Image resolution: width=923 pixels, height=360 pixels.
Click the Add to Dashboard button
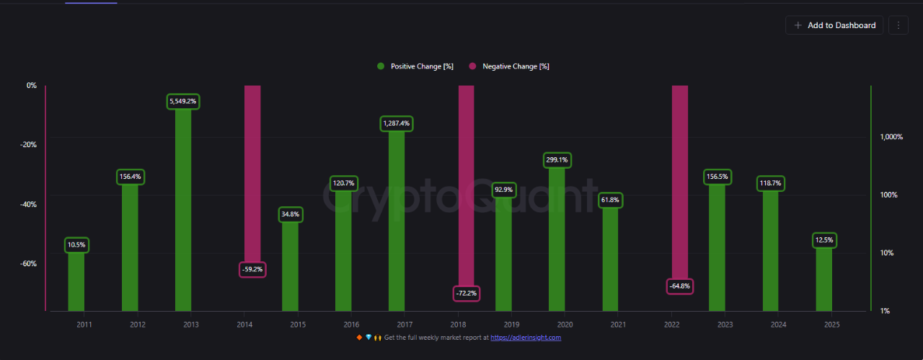point(834,25)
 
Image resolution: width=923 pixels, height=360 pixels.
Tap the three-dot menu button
point(898,25)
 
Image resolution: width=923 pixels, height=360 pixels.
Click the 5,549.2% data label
point(183,102)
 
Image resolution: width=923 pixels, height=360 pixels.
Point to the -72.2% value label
point(467,294)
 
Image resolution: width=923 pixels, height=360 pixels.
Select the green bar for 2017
point(397,216)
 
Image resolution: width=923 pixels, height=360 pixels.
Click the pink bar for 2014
point(252,173)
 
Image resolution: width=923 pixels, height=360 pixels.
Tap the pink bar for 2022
point(680,180)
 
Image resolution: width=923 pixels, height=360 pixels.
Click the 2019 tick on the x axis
point(511,325)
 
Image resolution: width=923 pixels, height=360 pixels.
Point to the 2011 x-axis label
point(84,325)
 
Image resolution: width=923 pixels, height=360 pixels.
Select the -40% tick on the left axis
point(27,204)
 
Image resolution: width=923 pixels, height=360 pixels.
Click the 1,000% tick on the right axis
point(891,137)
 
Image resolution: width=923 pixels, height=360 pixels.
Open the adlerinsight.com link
point(526,338)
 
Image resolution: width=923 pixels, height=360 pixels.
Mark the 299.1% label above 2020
point(557,159)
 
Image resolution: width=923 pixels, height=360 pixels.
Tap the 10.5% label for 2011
point(76,245)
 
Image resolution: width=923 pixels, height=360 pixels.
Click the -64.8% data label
point(679,286)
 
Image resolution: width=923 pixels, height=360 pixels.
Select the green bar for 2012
point(130,245)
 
